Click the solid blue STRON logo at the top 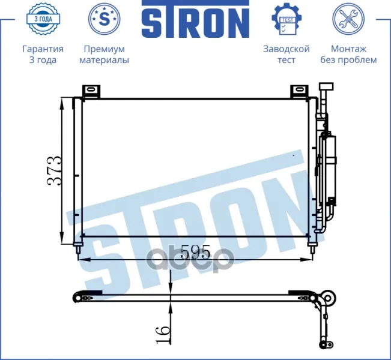pos(195,19)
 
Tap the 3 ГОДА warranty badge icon pos(43,19)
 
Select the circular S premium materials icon pos(105,19)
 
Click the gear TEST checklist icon pos(286,19)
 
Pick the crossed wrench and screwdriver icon pos(348,19)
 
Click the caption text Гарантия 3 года pos(43,55)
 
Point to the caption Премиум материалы pos(105,55)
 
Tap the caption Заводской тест pos(286,55)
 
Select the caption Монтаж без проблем pos(348,55)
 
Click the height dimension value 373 pos(54,171)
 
